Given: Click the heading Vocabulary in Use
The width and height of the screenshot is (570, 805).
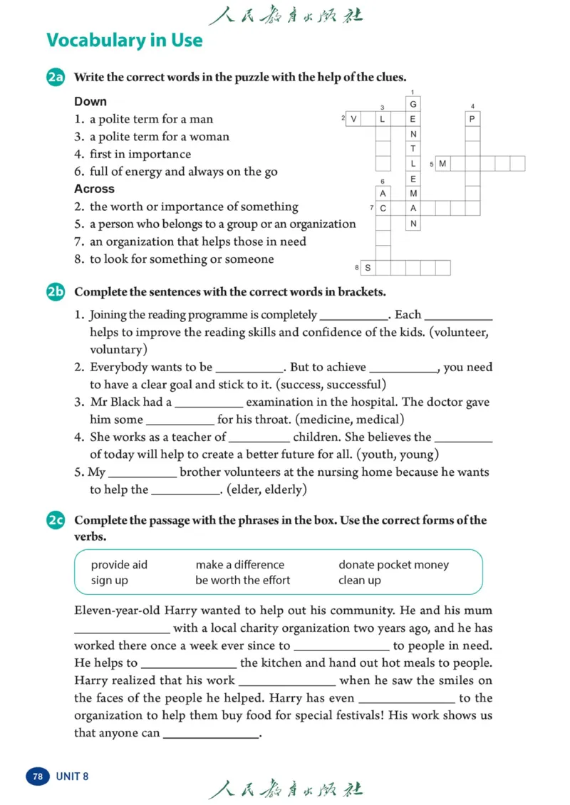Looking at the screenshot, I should click(125, 40).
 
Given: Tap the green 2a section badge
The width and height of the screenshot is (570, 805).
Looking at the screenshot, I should click(56, 78).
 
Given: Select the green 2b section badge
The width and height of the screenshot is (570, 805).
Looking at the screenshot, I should click(56, 291).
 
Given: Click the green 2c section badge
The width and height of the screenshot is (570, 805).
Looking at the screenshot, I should click(56, 521).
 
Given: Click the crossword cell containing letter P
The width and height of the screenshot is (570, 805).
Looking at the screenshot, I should click(472, 119).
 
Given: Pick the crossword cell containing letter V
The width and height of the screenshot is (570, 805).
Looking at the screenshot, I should click(354, 119).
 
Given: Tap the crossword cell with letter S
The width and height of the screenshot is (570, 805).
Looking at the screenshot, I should click(368, 268).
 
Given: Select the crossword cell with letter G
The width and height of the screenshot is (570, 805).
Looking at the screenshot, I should click(413, 104).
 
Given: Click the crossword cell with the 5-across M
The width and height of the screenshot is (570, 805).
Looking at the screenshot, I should click(442, 164).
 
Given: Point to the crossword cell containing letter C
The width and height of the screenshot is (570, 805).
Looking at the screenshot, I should click(383, 208).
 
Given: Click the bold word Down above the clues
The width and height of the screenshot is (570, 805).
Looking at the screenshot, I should click(90, 101).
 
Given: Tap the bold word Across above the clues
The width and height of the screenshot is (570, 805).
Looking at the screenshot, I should click(94, 189).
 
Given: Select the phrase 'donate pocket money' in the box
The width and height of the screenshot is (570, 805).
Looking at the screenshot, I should click(393, 565).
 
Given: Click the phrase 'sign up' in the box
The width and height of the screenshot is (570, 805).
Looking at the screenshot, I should click(110, 580).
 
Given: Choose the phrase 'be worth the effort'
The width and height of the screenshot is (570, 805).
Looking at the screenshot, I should click(242, 580).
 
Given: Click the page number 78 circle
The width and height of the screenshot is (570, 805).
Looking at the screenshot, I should click(38, 776).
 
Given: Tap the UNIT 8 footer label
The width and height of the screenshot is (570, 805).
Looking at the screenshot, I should click(72, 776).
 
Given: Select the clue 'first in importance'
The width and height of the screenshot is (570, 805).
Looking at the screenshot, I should click(140, 154).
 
